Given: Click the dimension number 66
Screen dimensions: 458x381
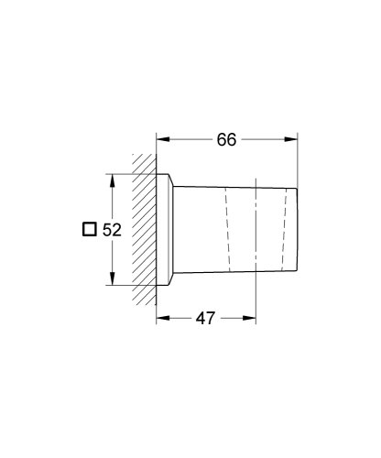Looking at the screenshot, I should click(227, 139).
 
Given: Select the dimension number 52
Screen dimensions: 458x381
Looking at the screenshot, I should click(112, 230).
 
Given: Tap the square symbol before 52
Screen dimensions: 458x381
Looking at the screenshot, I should click(89, 230).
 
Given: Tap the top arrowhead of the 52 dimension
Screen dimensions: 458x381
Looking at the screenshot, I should click(112, 179).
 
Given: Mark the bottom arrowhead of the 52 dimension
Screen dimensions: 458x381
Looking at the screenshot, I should click(112, 281).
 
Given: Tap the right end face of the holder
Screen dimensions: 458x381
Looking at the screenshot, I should click(298, 229).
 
